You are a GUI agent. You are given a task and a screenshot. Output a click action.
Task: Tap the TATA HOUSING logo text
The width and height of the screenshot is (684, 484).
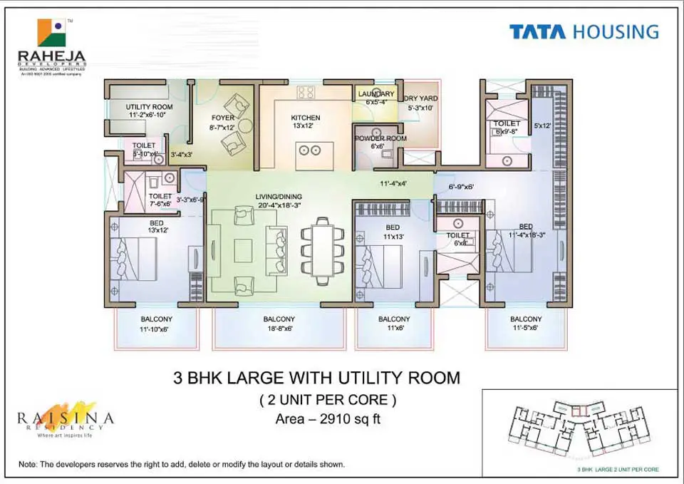pyautogui.click(x=584, y=32)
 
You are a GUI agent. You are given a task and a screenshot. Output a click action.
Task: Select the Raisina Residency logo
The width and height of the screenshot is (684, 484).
pyautogui.click(x=65, y=417)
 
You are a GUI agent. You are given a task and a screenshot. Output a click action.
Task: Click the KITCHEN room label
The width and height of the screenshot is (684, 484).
pyautogui.click(x=306, y=118)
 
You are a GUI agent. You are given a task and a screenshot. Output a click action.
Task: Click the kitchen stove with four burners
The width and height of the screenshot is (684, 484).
pyautogui.click(x=306, y=92)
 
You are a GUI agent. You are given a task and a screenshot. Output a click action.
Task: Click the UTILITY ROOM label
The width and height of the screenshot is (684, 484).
pyautogui.click(x=149, y=107)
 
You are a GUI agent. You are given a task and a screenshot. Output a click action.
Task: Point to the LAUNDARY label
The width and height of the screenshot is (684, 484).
pyautogui.click(x=375, y=94)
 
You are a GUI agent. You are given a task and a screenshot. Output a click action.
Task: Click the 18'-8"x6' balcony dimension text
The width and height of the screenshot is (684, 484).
pyautogui.click(x=279, y=329)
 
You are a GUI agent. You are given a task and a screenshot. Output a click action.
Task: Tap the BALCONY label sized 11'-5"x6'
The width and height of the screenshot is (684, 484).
pyautogui.click(x=526, y=319)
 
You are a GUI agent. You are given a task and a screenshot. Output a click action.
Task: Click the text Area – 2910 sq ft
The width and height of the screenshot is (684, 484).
pyautogui.click(x=328, y=419)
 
